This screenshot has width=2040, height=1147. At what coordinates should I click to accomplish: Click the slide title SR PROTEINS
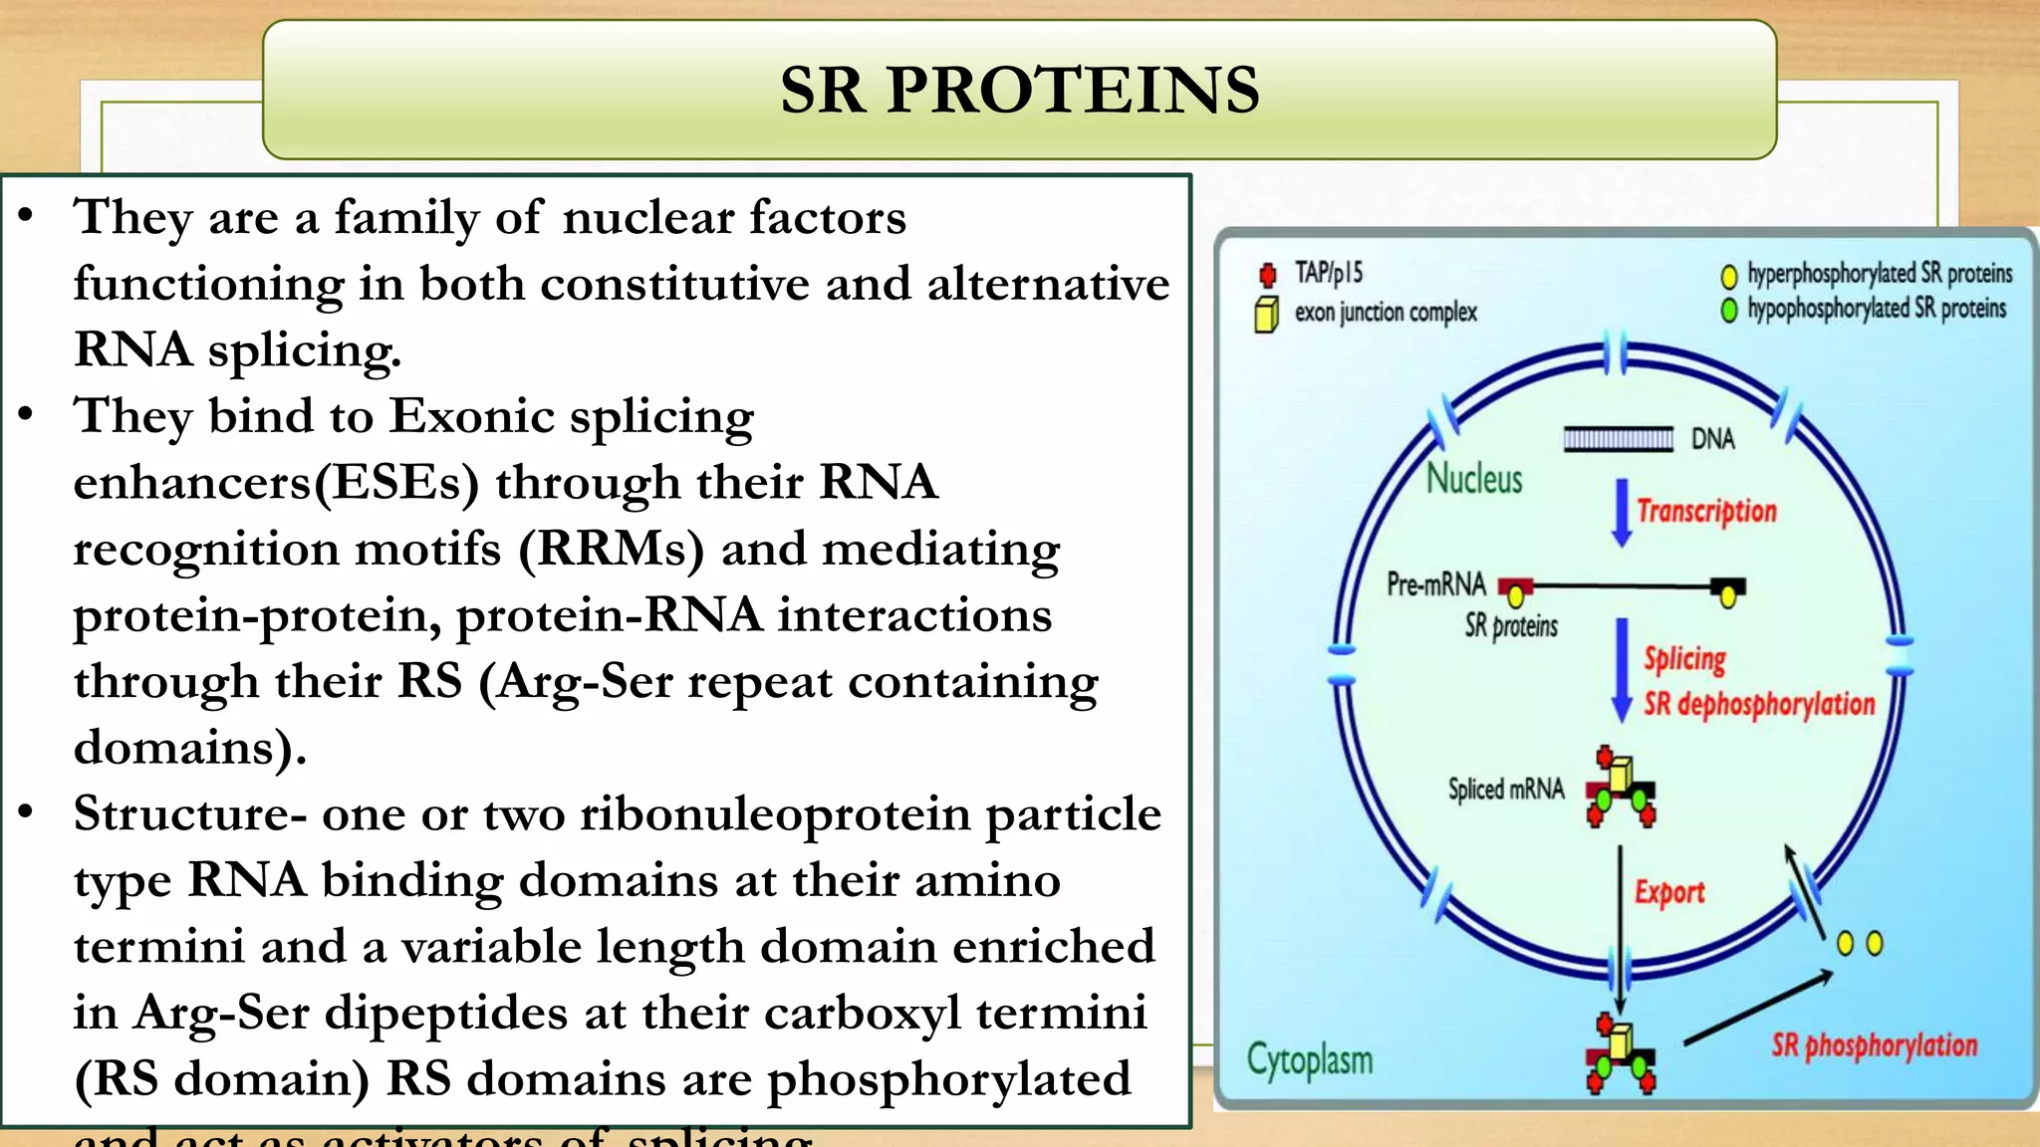[1019, 90]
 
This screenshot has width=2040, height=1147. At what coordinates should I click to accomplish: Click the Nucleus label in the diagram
[1474, 480]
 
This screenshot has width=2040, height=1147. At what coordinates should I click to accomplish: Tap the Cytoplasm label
[1309, 1060]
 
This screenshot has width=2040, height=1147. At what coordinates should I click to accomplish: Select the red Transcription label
[1706, 512]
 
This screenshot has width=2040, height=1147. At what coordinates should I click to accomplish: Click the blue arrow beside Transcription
[1622, 513]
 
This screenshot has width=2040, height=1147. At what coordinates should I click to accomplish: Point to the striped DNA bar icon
[1618, 439]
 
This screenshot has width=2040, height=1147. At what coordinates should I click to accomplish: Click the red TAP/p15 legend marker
[1267, 275]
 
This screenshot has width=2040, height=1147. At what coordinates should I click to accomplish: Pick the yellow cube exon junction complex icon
[1266, 315]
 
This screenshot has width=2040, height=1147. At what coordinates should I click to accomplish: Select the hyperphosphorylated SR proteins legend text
[1880, 274]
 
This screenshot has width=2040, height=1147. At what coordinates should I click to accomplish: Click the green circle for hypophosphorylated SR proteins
[1729, 311]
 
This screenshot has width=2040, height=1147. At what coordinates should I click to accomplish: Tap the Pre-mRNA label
[1435, 584]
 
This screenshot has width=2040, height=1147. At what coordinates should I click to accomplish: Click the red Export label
[1669, 892]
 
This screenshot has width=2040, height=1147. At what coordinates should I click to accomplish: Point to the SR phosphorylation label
[1874, 1045]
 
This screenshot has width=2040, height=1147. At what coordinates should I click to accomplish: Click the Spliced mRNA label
[1505, 790]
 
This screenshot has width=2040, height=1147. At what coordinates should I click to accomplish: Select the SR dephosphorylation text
[1759, 705]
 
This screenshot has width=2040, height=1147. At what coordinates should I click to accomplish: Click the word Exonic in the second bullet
[471, 416]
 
